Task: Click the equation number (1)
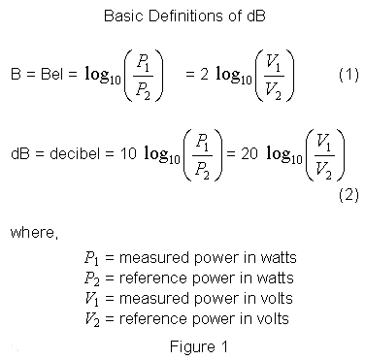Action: [348, 75]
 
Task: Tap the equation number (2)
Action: [348, 195]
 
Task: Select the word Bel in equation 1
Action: [51, 75]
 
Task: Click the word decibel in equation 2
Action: [75, 153]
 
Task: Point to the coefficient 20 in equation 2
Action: [249, 154]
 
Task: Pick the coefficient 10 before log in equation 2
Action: [128, 154]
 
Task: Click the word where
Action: [34, 233]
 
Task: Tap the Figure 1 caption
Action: [199, 346]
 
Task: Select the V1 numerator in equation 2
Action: [324, 143]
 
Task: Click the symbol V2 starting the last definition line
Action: [92, 319]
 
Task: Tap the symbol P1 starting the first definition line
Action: [91, 258]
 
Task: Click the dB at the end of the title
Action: [255, 16]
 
